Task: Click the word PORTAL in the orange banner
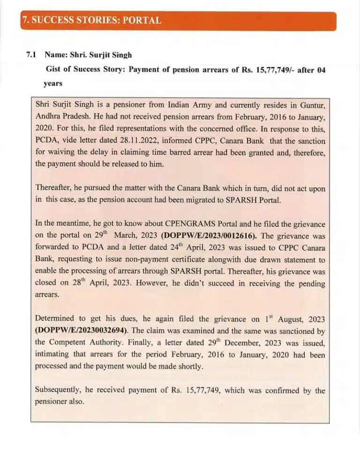click(x=142, y=21)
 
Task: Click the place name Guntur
click(x=308, y=103)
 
